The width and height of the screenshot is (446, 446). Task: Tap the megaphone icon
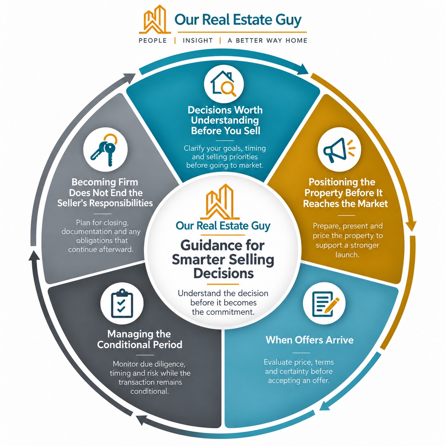(339, 150)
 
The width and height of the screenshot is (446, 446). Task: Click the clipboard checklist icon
(122, 303)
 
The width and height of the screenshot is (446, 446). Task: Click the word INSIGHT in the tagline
(198, 41)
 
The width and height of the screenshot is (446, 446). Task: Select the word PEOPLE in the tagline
(153, 41)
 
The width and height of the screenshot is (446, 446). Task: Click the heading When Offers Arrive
(309, 340)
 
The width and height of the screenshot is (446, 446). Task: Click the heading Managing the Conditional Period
(139, 339)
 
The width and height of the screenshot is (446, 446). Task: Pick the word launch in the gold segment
(347, 255)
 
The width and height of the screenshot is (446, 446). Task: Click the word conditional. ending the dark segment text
(149, 391)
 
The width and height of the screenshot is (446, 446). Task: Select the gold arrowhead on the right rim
(411, 226)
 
